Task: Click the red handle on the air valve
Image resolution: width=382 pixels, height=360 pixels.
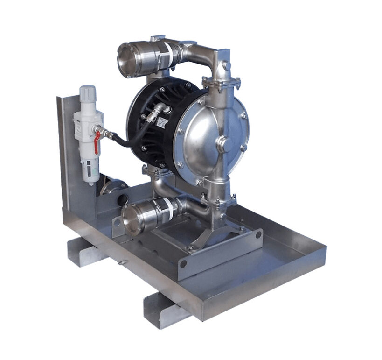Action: click(97, 141)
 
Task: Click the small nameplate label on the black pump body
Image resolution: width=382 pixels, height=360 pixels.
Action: click(163, 122)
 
